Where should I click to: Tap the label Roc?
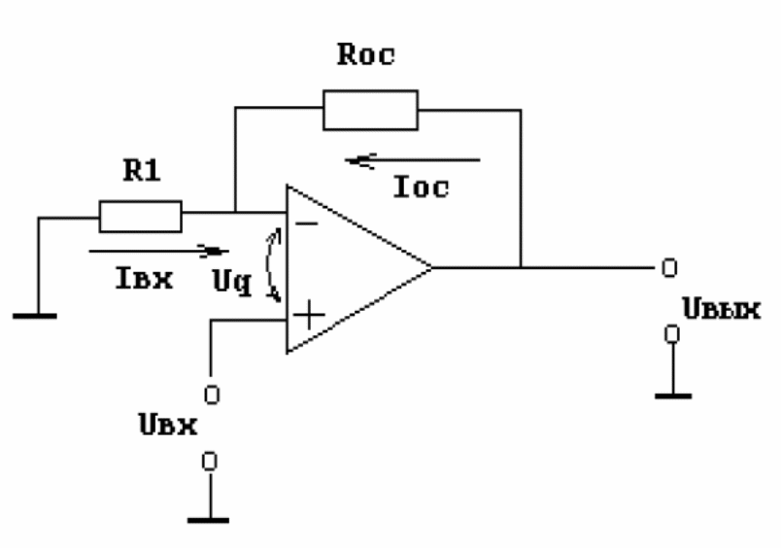pos(366,54)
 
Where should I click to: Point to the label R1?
pos(142,170)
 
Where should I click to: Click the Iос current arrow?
pos(413,160)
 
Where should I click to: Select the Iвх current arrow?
pos(158,251)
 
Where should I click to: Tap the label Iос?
pos(421,188)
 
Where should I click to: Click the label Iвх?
pos(144,278)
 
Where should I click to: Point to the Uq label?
pos(231,282)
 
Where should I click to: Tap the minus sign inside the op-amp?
pos(307,223)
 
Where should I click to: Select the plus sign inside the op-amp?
pos(309,315)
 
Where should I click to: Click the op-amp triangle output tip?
pos(431,268)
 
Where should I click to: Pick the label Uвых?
pos(721,309)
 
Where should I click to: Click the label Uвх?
pos(168,425)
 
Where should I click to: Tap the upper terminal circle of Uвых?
pos(669,268)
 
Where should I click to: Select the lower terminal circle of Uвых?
pos(672,334)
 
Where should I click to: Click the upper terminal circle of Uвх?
pos(212,395)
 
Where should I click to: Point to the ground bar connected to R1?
pos(35,316)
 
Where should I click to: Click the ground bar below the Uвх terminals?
pos(209,521)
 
